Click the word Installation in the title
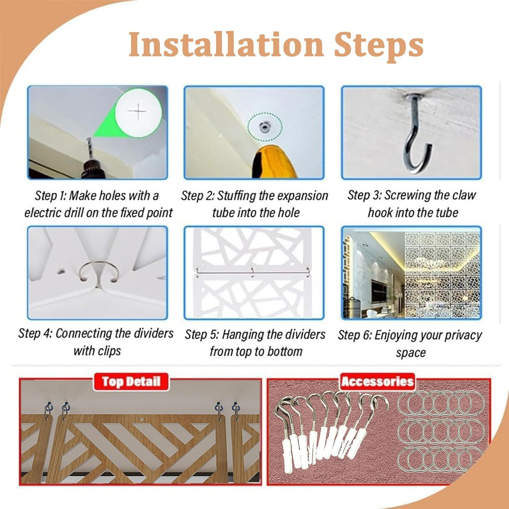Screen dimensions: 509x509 point(226,44)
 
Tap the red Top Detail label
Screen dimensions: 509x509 point(131,382)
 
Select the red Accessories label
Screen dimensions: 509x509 point(378,381)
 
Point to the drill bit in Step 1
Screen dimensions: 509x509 point(89,148)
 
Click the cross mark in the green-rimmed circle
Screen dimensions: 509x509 point(138,111)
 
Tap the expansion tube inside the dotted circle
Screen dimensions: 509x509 point(265,126)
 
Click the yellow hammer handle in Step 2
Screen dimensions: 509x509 point(274,163)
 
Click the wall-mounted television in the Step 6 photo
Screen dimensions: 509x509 point(379,291)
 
